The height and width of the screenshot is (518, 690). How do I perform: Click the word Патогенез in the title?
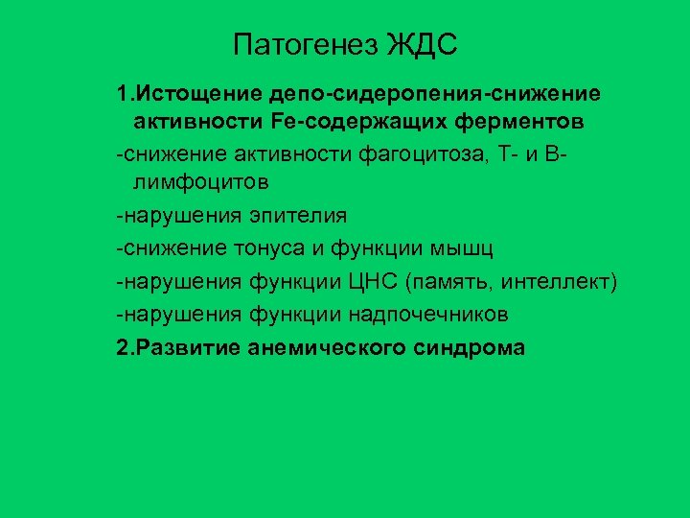tap(304, 44)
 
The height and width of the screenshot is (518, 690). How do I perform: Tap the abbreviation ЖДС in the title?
tap(423, 44)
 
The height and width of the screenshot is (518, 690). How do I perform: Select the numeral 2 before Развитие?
tap(121, 347)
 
